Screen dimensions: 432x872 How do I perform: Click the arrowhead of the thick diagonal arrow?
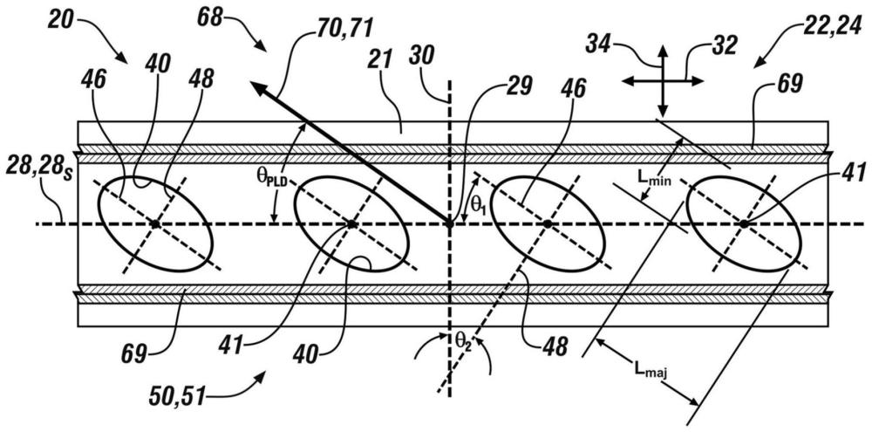pyautogui.click(x=253, y=83)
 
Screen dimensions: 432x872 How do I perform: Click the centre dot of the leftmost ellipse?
pyautogui.click(x=155, y=224)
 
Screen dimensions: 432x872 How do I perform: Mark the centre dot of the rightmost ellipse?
pyautogui.click(x=744, y=224)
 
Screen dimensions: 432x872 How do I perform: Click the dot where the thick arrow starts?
pyautogui.click(x=450, y=224)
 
